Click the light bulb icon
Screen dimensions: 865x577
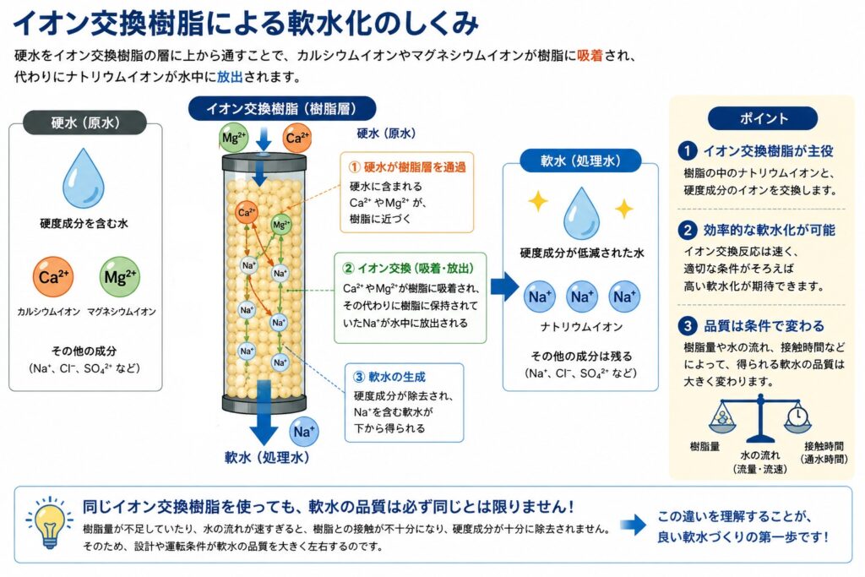coord(50,522)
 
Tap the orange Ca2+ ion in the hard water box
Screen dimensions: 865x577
coord(53,277)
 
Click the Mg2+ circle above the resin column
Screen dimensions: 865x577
coord(234,138)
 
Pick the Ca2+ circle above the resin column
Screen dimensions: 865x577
coord(296,138)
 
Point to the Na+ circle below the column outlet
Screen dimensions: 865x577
coord(304,432)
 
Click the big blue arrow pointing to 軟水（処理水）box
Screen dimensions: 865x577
coord(505,286)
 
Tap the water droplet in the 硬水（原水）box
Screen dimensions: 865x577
coord(84,178)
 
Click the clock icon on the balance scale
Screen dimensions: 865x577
coord(797,416)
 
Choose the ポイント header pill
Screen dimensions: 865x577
coord(763,118)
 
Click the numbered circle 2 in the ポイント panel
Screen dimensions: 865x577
coord(688,230)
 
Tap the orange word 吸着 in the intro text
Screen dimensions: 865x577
coord(590,56)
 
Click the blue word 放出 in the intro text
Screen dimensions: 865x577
coord(230,77)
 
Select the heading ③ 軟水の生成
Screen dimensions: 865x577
coord(389,377)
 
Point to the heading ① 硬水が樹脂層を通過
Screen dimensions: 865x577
coord(407,167)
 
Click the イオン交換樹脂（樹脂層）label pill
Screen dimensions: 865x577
coord(282,109)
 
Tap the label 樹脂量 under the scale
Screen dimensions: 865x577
coord(705,446)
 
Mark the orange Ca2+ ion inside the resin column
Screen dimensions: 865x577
coord(247,212)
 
